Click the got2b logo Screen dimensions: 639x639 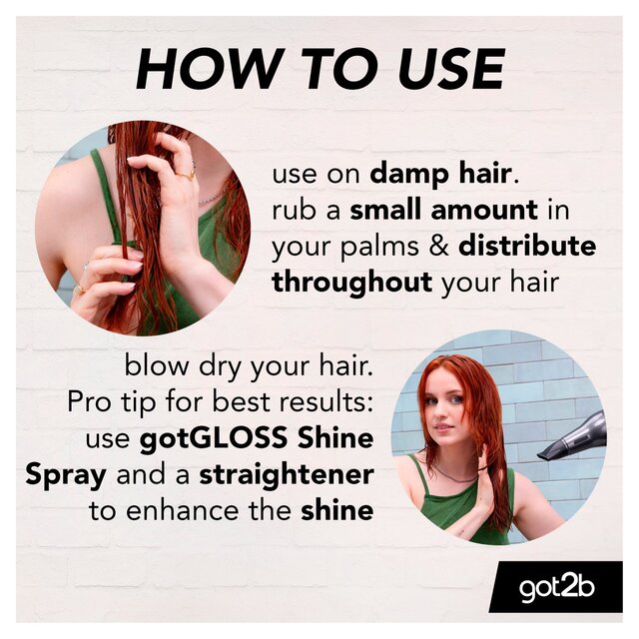click(555, 588)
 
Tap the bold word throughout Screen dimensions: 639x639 click(351, 282)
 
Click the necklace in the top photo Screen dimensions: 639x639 click(211, 198)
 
